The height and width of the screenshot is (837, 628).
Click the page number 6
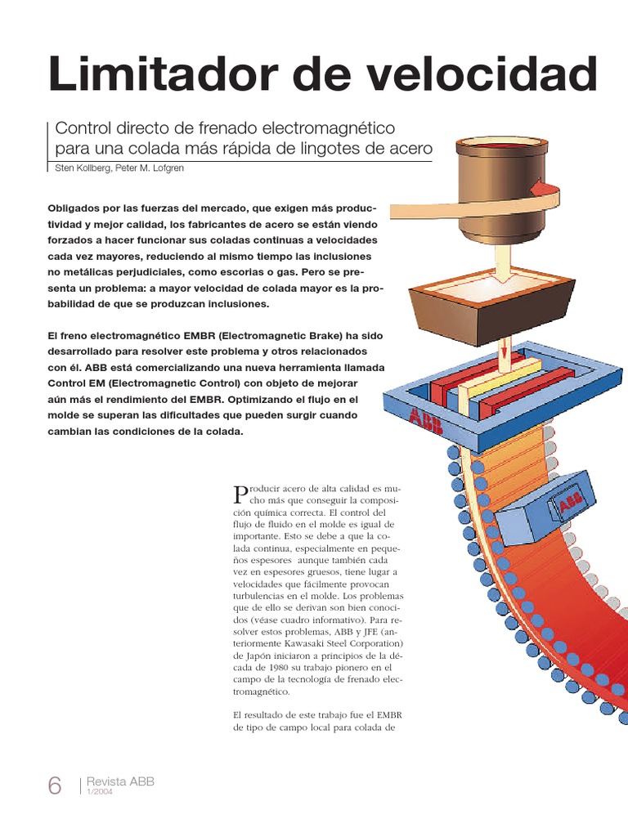pos(54,786)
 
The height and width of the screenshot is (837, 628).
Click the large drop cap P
pos(240,493)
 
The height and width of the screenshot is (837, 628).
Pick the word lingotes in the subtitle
pos(344,150)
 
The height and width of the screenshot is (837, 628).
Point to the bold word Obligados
pos(77,208)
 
